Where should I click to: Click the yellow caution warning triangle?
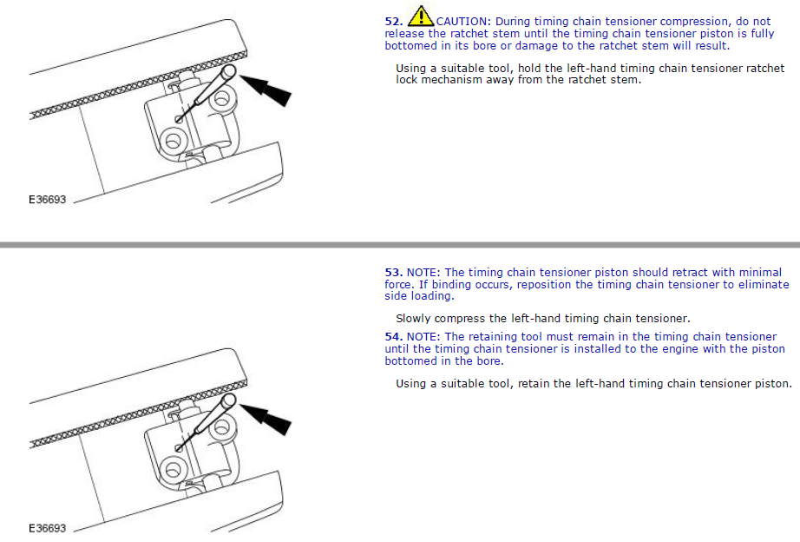click(421, 16)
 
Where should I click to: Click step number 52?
click(394, 22)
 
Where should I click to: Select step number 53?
click(394, 272)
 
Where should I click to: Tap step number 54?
click(394, 337)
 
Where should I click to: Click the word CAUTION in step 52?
click(463, 22)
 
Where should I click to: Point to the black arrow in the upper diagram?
click(266, 90)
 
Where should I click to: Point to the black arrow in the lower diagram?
click(266, 420)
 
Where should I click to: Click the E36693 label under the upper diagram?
click(48, 200)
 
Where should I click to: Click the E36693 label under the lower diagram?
click(48, 528)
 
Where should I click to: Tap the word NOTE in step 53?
click(423, 272)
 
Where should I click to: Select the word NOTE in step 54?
click(423, 337)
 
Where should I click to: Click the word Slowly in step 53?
click(413, 319)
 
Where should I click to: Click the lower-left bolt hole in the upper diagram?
click(173, 140)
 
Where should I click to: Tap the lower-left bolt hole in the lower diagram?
click(173, 469)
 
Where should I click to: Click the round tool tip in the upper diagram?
click(229, 71)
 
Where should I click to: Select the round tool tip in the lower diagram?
click(229, 400)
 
